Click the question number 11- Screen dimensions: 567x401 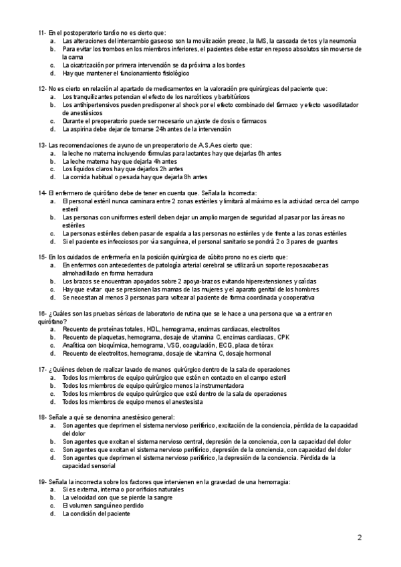click(x=43, y=33)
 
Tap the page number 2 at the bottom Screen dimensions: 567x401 click(x=360, y=538)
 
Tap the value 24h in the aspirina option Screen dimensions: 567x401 click(x=148, y=129)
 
